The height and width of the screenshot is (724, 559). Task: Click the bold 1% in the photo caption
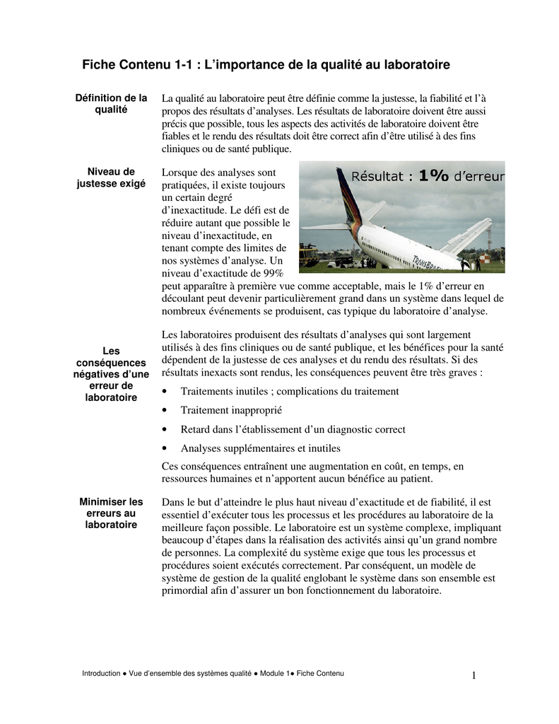pyautogui.click(x=433, y=176)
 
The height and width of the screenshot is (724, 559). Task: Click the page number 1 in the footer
pyautogui.click(x=474, y=676)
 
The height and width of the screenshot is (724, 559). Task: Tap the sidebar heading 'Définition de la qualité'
pyautogui.click(x=111, y=104)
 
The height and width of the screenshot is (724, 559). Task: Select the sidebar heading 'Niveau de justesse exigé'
pyautogui.click(x=111, y=177)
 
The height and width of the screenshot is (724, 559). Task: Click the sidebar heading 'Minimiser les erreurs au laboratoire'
pyautogui.click(x=111, y=513)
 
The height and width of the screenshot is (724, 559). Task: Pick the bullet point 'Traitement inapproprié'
pyautogui.click(x=231, y=410)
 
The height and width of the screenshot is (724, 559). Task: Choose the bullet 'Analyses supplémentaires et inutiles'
pyautogui.click(x=260, y=448)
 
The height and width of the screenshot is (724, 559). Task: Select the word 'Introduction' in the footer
pyautogui.click(x=101, y=674)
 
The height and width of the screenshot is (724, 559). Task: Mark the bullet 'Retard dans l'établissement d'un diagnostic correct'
pyautogui.click(x=293, y=429)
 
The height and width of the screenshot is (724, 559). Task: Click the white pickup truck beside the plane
pyautogui.click(x=341, y=262)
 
